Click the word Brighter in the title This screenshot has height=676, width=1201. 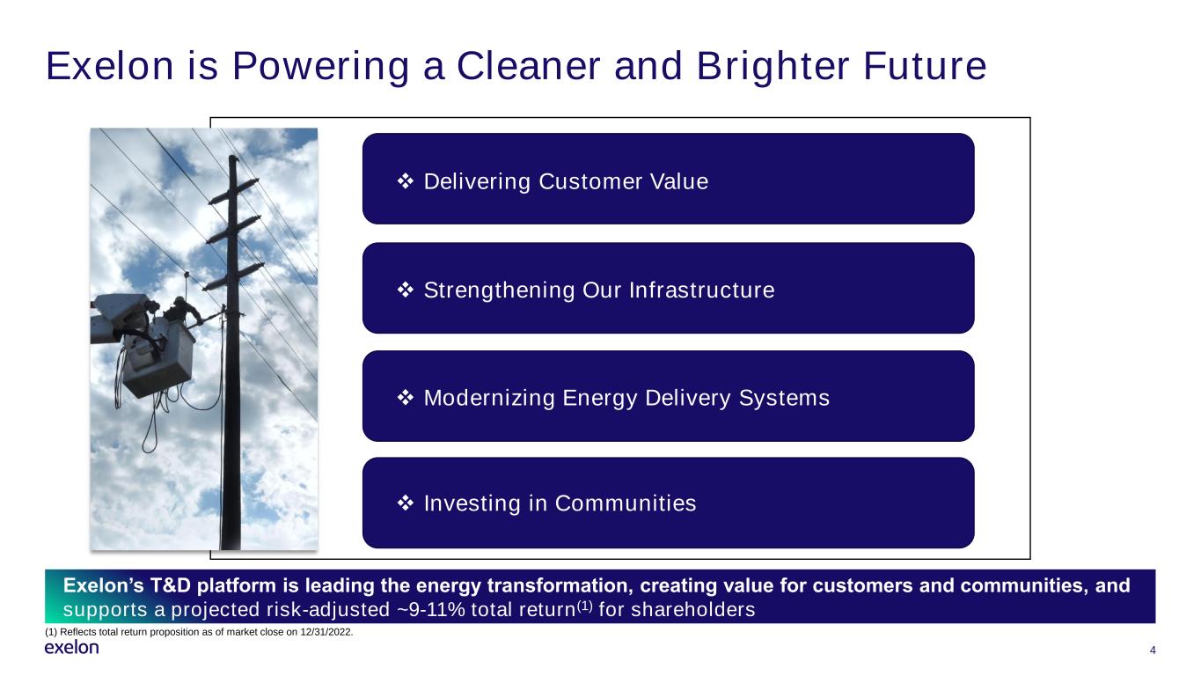coord(773,67)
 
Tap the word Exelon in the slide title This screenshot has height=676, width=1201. coord(110,67)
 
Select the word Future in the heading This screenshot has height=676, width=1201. coord(925,67)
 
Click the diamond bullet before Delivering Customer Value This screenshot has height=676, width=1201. coord(406,181)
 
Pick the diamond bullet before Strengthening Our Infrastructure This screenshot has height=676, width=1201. coord(406,290)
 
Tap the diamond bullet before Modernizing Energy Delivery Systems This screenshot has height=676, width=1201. coord(406,398)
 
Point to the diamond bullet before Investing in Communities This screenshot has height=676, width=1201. coord(406,503)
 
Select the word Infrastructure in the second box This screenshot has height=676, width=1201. coord(702,290)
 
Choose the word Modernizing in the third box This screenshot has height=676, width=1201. coord(489,398)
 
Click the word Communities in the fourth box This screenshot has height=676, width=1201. coord(626,503)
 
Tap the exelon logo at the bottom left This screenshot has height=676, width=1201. coord(72,648)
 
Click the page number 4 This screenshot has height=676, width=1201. coord(1153,650)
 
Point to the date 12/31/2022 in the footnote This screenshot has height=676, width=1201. coord(326,632)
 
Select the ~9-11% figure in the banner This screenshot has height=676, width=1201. coord(430,609)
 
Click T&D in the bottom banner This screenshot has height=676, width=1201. coord(170,585)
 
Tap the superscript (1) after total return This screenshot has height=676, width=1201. coord(584,606)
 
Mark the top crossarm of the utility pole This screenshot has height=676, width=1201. coord(234,192)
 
